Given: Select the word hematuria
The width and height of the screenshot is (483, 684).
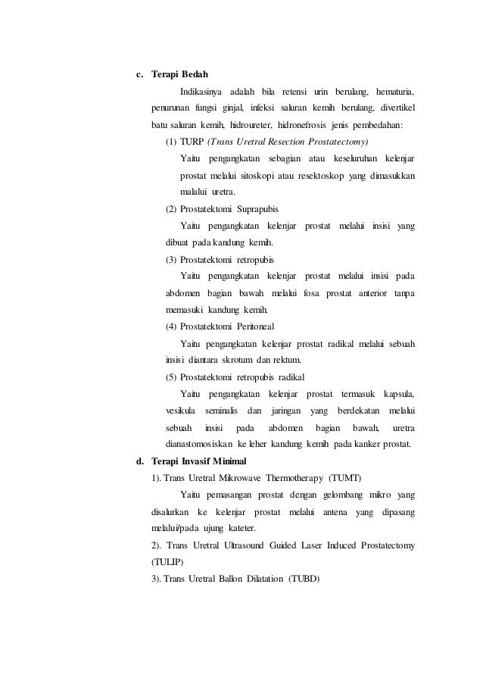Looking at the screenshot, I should (x=395, y=92).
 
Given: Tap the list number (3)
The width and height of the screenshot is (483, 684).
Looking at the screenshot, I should (x=172, y=259).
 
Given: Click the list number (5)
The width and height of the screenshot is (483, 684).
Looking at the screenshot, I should (x=172, y=376).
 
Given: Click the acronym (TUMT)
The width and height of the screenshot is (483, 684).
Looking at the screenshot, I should (x=345, y=478).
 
